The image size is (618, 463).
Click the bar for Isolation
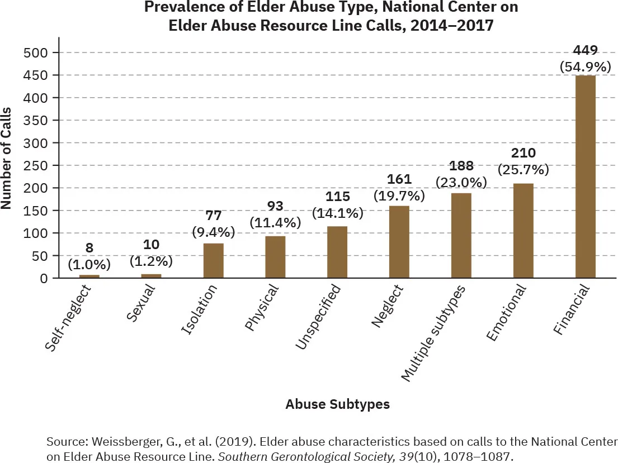coord(213,261)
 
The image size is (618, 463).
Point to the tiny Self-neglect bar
coord(89,276)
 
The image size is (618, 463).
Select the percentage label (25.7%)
coord(523,168)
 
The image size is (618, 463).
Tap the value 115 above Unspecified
coord(337,197)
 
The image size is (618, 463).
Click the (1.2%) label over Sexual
coord(151,260)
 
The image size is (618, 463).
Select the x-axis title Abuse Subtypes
coord(337,404)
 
